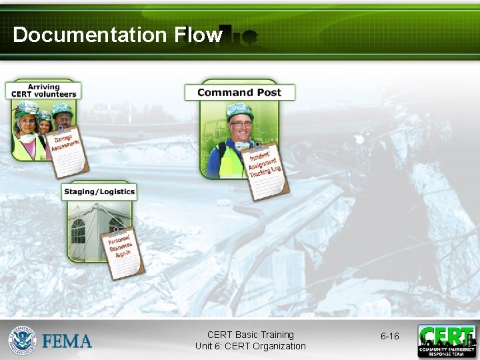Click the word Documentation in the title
coord(92,35)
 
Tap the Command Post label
coord(239,93)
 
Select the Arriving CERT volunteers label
coord(43,91)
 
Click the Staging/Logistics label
coord(99,192)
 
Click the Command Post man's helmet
coord(239,110)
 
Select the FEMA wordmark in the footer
coord(67,341)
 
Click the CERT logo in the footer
coord(447,341)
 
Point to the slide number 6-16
coord(390,337)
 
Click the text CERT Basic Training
coord(250,335)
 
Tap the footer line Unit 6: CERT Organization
coord(250,346)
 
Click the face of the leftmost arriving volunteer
coord(27,123)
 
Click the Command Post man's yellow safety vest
coord(230,160)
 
